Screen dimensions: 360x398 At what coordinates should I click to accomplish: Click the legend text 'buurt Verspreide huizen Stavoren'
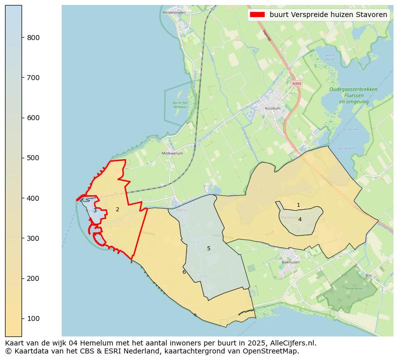(x=328, y=15)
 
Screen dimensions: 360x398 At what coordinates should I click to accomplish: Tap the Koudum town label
(x=273, y=108)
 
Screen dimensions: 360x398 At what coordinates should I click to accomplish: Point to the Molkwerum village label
(x=172, y=153)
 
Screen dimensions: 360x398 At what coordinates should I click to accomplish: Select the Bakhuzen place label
(x=290, y=262)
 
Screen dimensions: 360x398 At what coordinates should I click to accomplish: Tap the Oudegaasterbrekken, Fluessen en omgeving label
(x=354, y=96)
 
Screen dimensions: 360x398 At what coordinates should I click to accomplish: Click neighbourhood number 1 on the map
(x=298, y=205)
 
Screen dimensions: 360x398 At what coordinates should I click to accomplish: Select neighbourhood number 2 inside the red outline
(x=117, y=209)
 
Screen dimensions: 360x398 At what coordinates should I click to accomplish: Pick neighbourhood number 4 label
(x=300, y=219)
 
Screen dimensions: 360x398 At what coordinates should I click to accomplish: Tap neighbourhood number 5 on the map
(x=209, y=248)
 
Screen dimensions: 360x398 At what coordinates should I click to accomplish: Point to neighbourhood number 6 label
(x=184, y=272)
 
